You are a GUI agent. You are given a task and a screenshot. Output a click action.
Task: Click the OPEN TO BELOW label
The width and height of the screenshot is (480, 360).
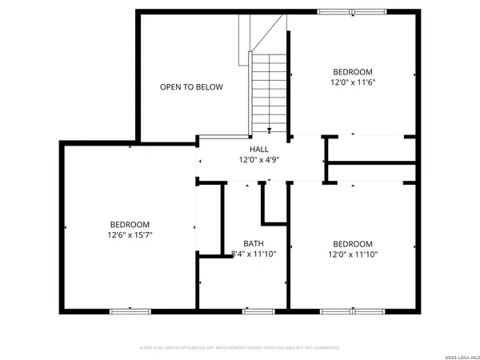(x=191, y=87)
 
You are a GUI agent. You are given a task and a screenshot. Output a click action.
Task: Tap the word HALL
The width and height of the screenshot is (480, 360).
(x=258, y=150)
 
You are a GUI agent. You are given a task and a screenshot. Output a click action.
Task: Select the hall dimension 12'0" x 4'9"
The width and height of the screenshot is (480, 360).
(x=258, y=160)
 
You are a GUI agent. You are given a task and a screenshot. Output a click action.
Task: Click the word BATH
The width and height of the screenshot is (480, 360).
(x=254, y=244)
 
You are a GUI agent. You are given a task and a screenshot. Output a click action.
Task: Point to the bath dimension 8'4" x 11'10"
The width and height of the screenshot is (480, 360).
(x=254, y=254)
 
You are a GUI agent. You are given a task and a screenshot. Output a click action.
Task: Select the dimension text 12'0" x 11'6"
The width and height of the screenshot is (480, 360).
(x=352, y=82)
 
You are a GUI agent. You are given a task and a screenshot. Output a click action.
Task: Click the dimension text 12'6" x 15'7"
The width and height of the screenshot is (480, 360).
(x=129, y=235)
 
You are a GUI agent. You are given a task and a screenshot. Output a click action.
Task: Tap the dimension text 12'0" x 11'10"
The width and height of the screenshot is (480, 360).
(x=353, y=254)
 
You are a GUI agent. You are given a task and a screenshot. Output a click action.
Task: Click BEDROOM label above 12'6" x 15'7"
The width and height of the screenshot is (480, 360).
(x=129, y=225)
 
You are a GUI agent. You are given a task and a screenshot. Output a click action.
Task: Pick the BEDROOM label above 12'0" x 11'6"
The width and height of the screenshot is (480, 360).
(x=352, y=71)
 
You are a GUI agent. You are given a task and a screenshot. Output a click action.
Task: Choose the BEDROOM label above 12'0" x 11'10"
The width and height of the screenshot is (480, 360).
(x=353, y=244)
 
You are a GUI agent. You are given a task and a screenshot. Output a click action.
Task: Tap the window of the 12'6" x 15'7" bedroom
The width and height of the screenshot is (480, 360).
(x=129, y=310)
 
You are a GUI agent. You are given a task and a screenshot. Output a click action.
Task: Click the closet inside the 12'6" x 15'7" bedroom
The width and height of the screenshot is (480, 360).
(x=210, y=220)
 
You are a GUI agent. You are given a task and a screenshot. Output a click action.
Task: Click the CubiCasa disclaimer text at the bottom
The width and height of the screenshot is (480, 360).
(x=240, y=348)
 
